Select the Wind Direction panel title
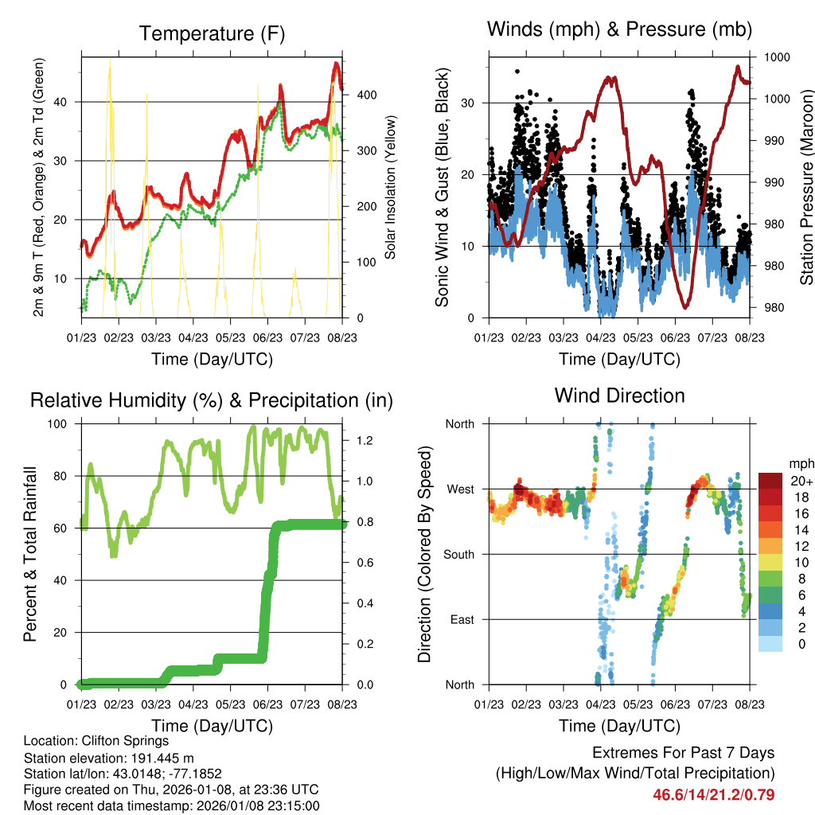coord(619,396)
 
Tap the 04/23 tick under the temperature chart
coord(193,337)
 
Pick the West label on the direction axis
coord(459,489)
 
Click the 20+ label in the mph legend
coord(800,481)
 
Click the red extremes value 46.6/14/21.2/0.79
coord(714,794)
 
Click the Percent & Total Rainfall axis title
coord(30,555)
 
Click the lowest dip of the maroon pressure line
coord(685,306)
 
